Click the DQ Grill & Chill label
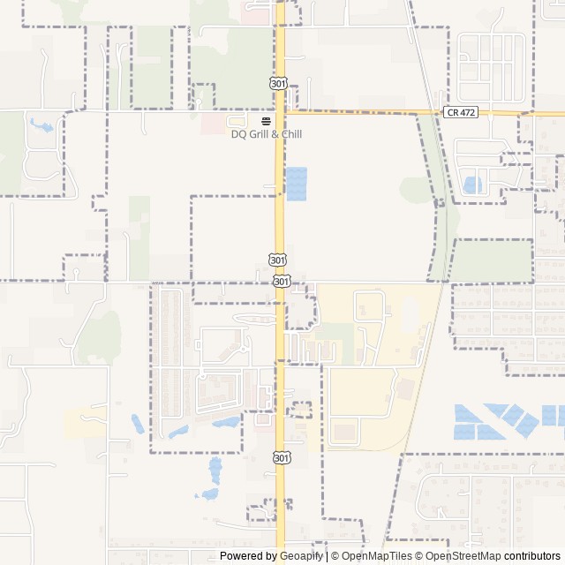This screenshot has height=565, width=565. pos(266,134)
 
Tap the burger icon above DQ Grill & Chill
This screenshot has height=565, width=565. pos(266,121)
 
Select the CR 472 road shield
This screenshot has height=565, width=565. pos(461,112)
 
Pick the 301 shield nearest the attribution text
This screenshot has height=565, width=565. pos(280,457)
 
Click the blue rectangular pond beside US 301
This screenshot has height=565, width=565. pos(298,183)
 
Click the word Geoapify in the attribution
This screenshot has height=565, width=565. pos(302,556)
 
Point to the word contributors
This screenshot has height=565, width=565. pos(533,556)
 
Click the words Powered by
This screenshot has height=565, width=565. pos(248,556)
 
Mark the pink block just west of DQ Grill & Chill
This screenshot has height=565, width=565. pos(212,124)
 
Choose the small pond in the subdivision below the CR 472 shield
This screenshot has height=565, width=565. pos(471,185)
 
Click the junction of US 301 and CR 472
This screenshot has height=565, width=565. pos(281,111)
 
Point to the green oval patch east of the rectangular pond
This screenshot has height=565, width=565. pos(415,188)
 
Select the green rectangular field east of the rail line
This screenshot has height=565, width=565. pos(492,260)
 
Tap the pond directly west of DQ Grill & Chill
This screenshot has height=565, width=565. pos(40,125)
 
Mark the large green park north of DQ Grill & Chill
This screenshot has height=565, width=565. pos(231,66)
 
